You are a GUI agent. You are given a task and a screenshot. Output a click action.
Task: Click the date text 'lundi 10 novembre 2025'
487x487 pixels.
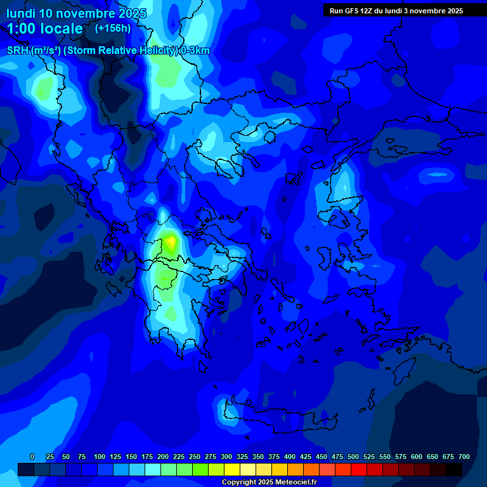pos(76,13)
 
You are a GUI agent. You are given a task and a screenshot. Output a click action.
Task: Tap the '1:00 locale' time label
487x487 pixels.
pos(45,29)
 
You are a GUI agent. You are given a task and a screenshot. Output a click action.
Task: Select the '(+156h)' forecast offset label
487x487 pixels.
pos(113,28)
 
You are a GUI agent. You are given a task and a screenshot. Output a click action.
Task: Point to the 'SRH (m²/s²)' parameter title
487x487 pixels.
pos(34,51)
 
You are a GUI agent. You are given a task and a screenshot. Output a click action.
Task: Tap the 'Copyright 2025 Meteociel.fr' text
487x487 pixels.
pos(269,482)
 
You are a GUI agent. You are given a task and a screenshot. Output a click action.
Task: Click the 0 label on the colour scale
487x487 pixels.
pos(32,457)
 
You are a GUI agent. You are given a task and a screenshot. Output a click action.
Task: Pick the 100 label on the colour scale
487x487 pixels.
pos(100,457)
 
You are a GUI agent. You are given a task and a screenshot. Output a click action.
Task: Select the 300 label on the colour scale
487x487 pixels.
pos(226,457)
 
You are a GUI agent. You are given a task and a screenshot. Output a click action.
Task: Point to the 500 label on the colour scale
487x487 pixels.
pos(353,457)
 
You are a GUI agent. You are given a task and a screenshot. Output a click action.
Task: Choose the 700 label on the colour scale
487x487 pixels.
pos(464,457)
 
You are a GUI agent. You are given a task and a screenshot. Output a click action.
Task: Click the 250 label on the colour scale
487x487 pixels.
pos(195,457)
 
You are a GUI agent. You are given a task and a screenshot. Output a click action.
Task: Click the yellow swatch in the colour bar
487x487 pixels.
pos(232,470)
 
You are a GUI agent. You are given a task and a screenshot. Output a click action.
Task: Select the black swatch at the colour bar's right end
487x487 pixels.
pos(454,470)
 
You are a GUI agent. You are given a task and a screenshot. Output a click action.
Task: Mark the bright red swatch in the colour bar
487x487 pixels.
pos(359,470)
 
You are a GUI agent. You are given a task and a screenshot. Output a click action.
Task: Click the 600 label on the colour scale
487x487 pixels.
pos(417,457)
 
